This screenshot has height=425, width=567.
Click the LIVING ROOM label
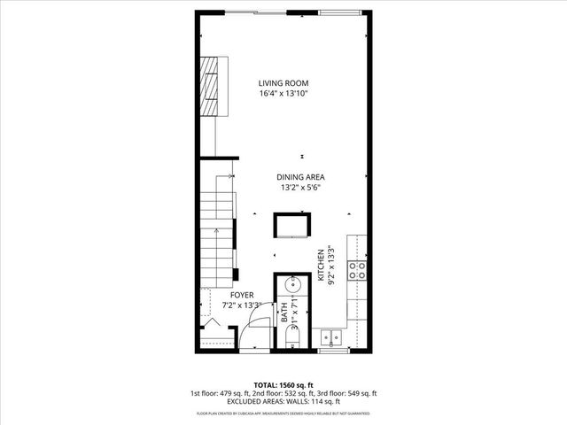(x=283, y=82)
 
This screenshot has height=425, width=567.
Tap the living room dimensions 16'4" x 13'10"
(x=283, y=93)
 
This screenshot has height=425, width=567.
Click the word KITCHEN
(x=321, y=266)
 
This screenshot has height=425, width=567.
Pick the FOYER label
(x=242, y=295)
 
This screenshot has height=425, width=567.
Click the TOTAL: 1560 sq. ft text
(x=283, y=384)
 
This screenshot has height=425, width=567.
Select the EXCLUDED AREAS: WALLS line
(x=283, y=402)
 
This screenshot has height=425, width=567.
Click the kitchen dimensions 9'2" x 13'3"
(x=331, y=266)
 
